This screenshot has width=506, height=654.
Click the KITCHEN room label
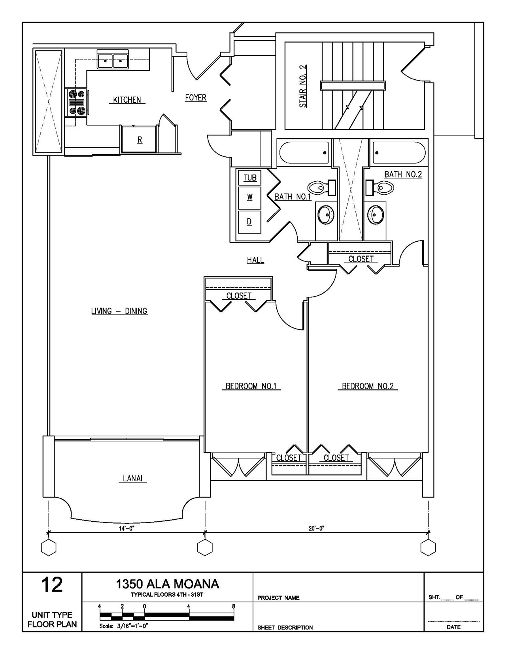[x=127, y=100]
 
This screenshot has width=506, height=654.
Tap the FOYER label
[x=196, y=98]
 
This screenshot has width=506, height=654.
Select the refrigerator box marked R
[x=140, y=139]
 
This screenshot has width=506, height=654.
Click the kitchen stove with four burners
[x=77, y=102]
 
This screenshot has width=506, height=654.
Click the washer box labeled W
[x=249, y=198]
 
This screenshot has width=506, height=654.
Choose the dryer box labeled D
[x=249, y=222]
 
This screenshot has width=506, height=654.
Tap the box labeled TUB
[x=250, y=178]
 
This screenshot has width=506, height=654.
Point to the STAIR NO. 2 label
[x=303, y=86]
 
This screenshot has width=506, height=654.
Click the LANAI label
[x=132, y=478]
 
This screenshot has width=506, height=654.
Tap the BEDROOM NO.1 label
[x=251, y=386]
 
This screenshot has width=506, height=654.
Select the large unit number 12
[x=52, y=584]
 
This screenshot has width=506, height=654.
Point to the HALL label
[x=255, y=260]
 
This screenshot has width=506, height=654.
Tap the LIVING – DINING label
[x=119, y=311]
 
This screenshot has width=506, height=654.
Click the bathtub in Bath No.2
[x=399, y=152]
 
